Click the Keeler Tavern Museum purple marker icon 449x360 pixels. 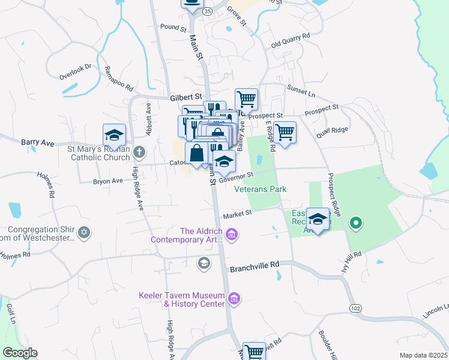coord(234,298)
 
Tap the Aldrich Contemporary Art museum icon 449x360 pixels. coord(232,234)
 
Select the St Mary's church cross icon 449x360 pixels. coord(139,152)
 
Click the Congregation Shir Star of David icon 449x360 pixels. coord(84,232)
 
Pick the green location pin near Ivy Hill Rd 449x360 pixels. coord(355,224)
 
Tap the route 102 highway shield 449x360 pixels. coord(355,308)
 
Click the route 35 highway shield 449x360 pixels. coord(207,11)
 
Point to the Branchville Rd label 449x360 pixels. coord(255,265)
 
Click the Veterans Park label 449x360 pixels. coord(260,189)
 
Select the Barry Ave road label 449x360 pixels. coord(38,143)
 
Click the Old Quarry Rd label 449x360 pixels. coord(290,40)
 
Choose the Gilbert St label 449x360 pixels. coord(184,97)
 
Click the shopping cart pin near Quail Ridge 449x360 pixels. coord(285,132)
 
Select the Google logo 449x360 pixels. coord(20,353)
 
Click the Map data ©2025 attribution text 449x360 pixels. coord(423,355)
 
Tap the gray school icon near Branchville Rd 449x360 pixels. coord(204,262)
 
